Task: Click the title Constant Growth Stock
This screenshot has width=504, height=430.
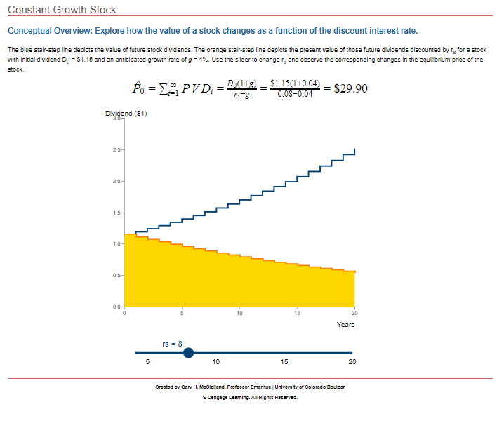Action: click(62, 10)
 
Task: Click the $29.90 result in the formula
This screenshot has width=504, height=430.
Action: click(350, 88)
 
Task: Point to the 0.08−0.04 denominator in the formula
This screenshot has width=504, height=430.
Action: click(295, 94)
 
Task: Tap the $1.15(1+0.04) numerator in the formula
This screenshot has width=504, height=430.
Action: click(295, 83)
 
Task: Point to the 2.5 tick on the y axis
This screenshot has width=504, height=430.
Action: click(117, 149)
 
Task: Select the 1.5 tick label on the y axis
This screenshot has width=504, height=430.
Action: click(117, 213)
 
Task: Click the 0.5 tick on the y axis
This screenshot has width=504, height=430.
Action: click(117, 275)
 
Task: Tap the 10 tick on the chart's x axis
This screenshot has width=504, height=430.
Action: click(239, 314)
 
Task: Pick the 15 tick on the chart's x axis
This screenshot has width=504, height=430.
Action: click(297, 314)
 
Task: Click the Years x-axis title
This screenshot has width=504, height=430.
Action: click(345, 324)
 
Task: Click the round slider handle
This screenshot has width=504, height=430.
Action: click(188, 353)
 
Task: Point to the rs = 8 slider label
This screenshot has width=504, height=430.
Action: click(172, 343)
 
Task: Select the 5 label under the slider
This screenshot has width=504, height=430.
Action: click(147, 363)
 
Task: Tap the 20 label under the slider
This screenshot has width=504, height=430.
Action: click(352, 363)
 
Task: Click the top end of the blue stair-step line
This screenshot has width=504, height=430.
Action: click(354, 149)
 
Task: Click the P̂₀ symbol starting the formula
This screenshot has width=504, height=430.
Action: click(140, 88)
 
